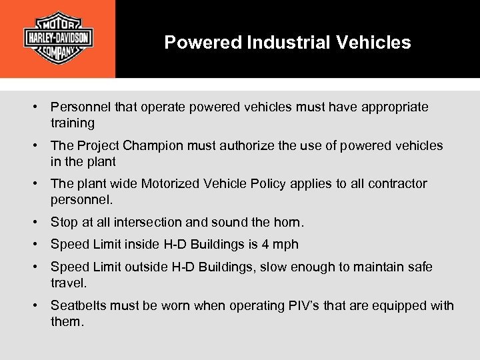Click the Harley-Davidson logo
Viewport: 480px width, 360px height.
(x=58, y=37)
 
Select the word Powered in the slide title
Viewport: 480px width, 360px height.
(x=203, y=43)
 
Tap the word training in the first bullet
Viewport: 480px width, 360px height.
(x=73, y=123)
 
